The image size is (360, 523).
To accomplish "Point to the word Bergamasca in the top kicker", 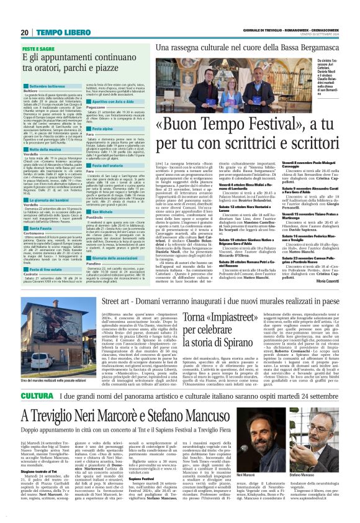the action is pos(299,47).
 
